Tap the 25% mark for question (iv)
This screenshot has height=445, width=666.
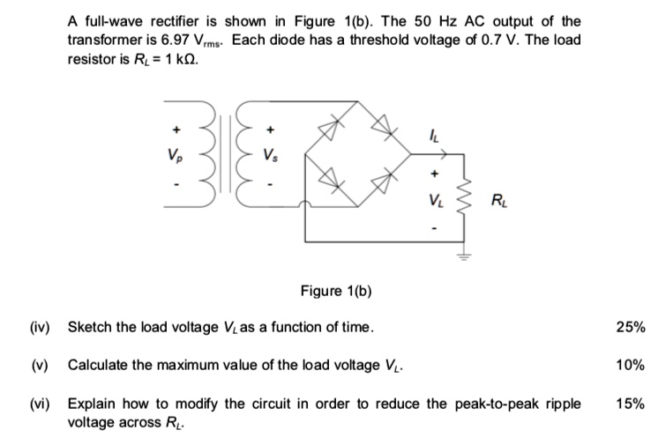[x=631, y=328]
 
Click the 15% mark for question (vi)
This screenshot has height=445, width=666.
[x=631, y=404]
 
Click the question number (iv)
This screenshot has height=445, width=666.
[x=41, y=328]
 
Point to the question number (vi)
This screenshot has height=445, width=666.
[x=41, y=404]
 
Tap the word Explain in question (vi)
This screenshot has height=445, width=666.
[x=92, y=404]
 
